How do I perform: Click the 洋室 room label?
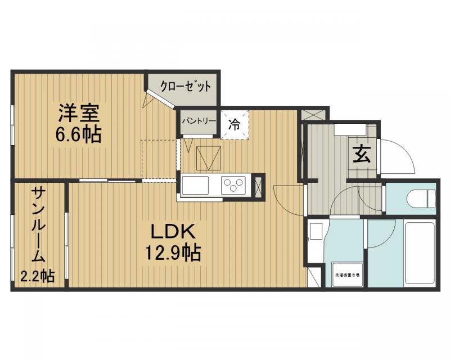79,114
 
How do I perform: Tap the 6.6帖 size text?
78,136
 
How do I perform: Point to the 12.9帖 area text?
172,253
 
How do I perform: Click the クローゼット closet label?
185,87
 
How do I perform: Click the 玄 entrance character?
362,154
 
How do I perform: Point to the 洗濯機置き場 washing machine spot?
347,275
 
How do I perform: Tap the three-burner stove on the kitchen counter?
234,184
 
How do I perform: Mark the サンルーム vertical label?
39,225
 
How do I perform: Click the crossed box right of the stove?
259,186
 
